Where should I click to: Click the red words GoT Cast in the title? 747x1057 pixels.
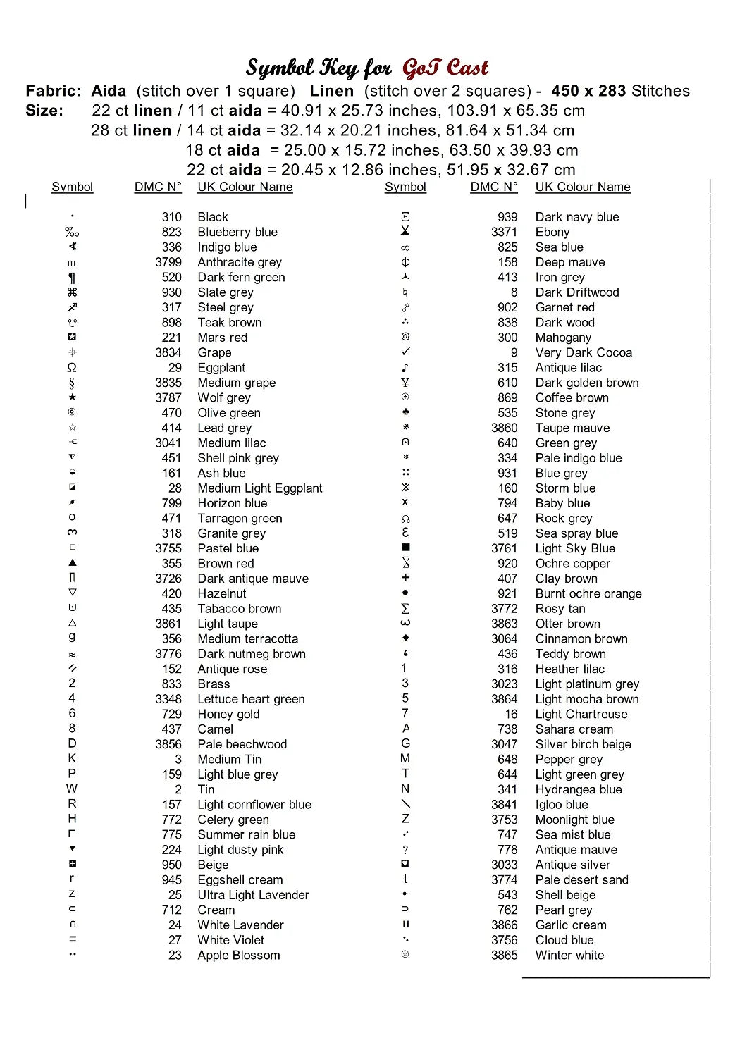click(445, 68)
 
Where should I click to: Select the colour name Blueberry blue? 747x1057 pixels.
click(237, 232)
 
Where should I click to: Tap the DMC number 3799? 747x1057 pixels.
click(168, 262)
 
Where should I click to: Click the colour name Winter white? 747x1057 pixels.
click(569, 955)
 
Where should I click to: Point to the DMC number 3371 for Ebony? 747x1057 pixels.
click(504, 232)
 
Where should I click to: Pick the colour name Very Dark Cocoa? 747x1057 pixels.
click(584, 352)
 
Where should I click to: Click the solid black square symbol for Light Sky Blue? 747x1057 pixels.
click(405, 548)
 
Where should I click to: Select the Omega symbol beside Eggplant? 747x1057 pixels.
click(72, 368)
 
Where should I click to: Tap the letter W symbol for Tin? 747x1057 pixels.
click(72, 789)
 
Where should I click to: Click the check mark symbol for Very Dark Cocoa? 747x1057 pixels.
click(405, 352)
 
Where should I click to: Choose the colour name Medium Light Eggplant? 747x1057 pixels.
click(260, 488)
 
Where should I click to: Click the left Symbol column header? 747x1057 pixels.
click(72, 187)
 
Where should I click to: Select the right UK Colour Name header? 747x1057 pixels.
click(583, 187)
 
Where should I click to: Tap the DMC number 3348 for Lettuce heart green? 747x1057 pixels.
click(168, 699)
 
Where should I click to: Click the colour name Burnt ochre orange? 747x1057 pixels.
click(588, 593)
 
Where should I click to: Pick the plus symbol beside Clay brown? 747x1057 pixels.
click(405, 578)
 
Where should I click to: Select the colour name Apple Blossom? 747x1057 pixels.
click(239, 955)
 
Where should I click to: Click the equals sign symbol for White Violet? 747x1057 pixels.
click(73, 939)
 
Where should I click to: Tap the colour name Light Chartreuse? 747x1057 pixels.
click(581, 714)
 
